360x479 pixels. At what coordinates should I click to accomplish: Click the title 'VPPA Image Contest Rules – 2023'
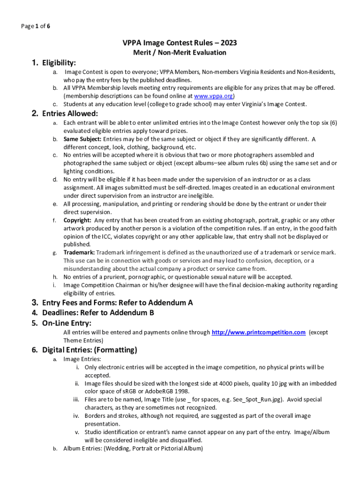click(x=180, y=43)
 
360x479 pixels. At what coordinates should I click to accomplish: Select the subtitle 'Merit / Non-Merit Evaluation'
click(x=180, y=52)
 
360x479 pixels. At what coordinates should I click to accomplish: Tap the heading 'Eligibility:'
click(x=59, y=63)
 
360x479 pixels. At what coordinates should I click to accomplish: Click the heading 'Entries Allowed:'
click(x=70, y=114)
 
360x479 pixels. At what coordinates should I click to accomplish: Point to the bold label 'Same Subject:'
click(x=82, y=139)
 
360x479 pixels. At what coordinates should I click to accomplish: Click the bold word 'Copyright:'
click(x=78, y=220)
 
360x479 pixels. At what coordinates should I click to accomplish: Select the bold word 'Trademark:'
click(x=79, y=253)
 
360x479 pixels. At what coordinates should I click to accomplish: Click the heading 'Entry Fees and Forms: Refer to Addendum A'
click(x=117, y=303)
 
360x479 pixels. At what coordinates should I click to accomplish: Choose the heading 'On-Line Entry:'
click(x=66, y=323)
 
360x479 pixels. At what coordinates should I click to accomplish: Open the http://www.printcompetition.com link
click(x=259, y=332)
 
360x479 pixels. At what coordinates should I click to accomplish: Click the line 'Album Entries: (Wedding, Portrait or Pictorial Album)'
click(x=133, y=448)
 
